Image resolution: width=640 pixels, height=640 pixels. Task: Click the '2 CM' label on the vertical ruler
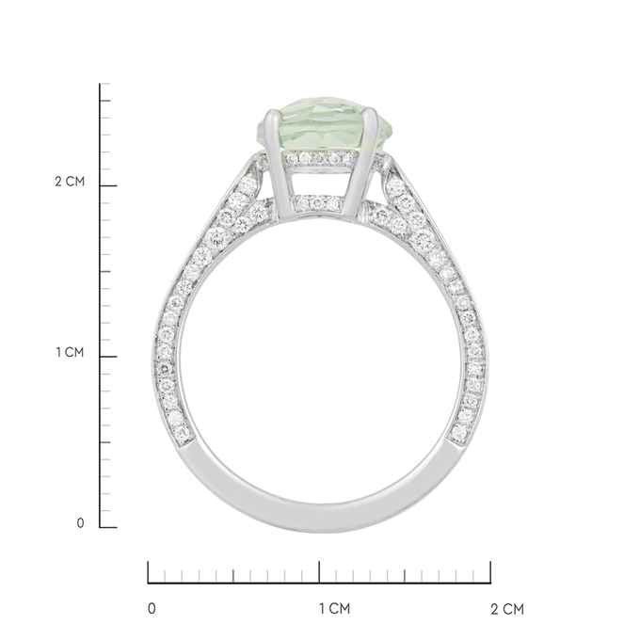pos(70,182)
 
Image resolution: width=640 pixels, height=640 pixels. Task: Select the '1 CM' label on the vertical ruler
pos(70,352)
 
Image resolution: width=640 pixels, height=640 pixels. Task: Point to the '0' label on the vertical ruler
pos(80,523)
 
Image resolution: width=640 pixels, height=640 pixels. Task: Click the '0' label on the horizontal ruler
pos(152,609)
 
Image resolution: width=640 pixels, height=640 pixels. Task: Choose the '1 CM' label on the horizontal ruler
pos(335,609)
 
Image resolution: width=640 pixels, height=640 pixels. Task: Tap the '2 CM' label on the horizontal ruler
pos(507,609)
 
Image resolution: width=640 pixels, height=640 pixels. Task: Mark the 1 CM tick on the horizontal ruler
pos(319,572)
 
